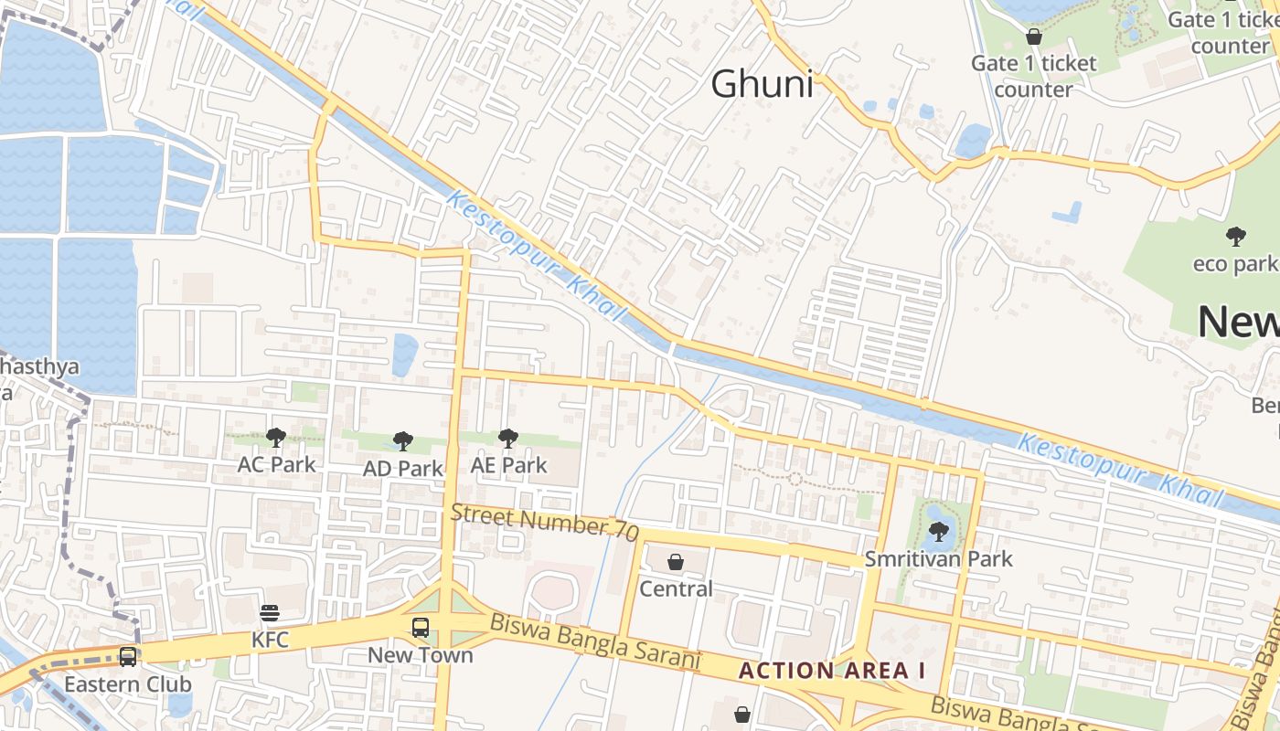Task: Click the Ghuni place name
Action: tap(762, 85)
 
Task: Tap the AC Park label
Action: tap(276, 464)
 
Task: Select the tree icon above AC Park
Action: tap(276, 438)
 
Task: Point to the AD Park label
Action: tap(403, 469)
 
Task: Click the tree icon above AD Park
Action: tap(403, 442)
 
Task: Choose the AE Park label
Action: tap(508, 465)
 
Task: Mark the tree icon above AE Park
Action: tap(508, 439)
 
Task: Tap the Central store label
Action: tap(676, 588)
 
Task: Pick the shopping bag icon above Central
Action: tap(676, 561)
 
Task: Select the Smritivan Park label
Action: tap(939, 558)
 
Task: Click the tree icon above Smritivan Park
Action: tap(939, 531)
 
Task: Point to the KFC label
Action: tap(270, 640)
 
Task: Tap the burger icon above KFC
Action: tap(270, 612)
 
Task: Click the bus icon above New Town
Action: tap(421, 628)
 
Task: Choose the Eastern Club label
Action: tap(128, 684)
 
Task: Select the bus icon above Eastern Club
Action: tap(128, 657)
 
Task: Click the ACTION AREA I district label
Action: tap(832, 671)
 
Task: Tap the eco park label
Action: tap(1234, 264)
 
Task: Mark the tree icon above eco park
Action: tap(1236, 238)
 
